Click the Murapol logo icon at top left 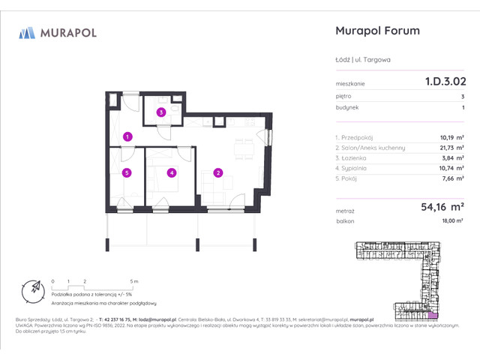pyautogui.click(x=27, y=32)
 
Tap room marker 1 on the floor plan pyautogui.click(x=128, y=136)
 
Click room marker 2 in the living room pyautogui.click(x=217, y=173)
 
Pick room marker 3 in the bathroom pyautogui.click(x=160, y=112)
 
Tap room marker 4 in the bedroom pyautogui.click(x=172, y=173)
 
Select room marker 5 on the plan pyautogui.click(x=127, y=173)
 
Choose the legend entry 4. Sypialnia pyautogui.click(x=355, y=169)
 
